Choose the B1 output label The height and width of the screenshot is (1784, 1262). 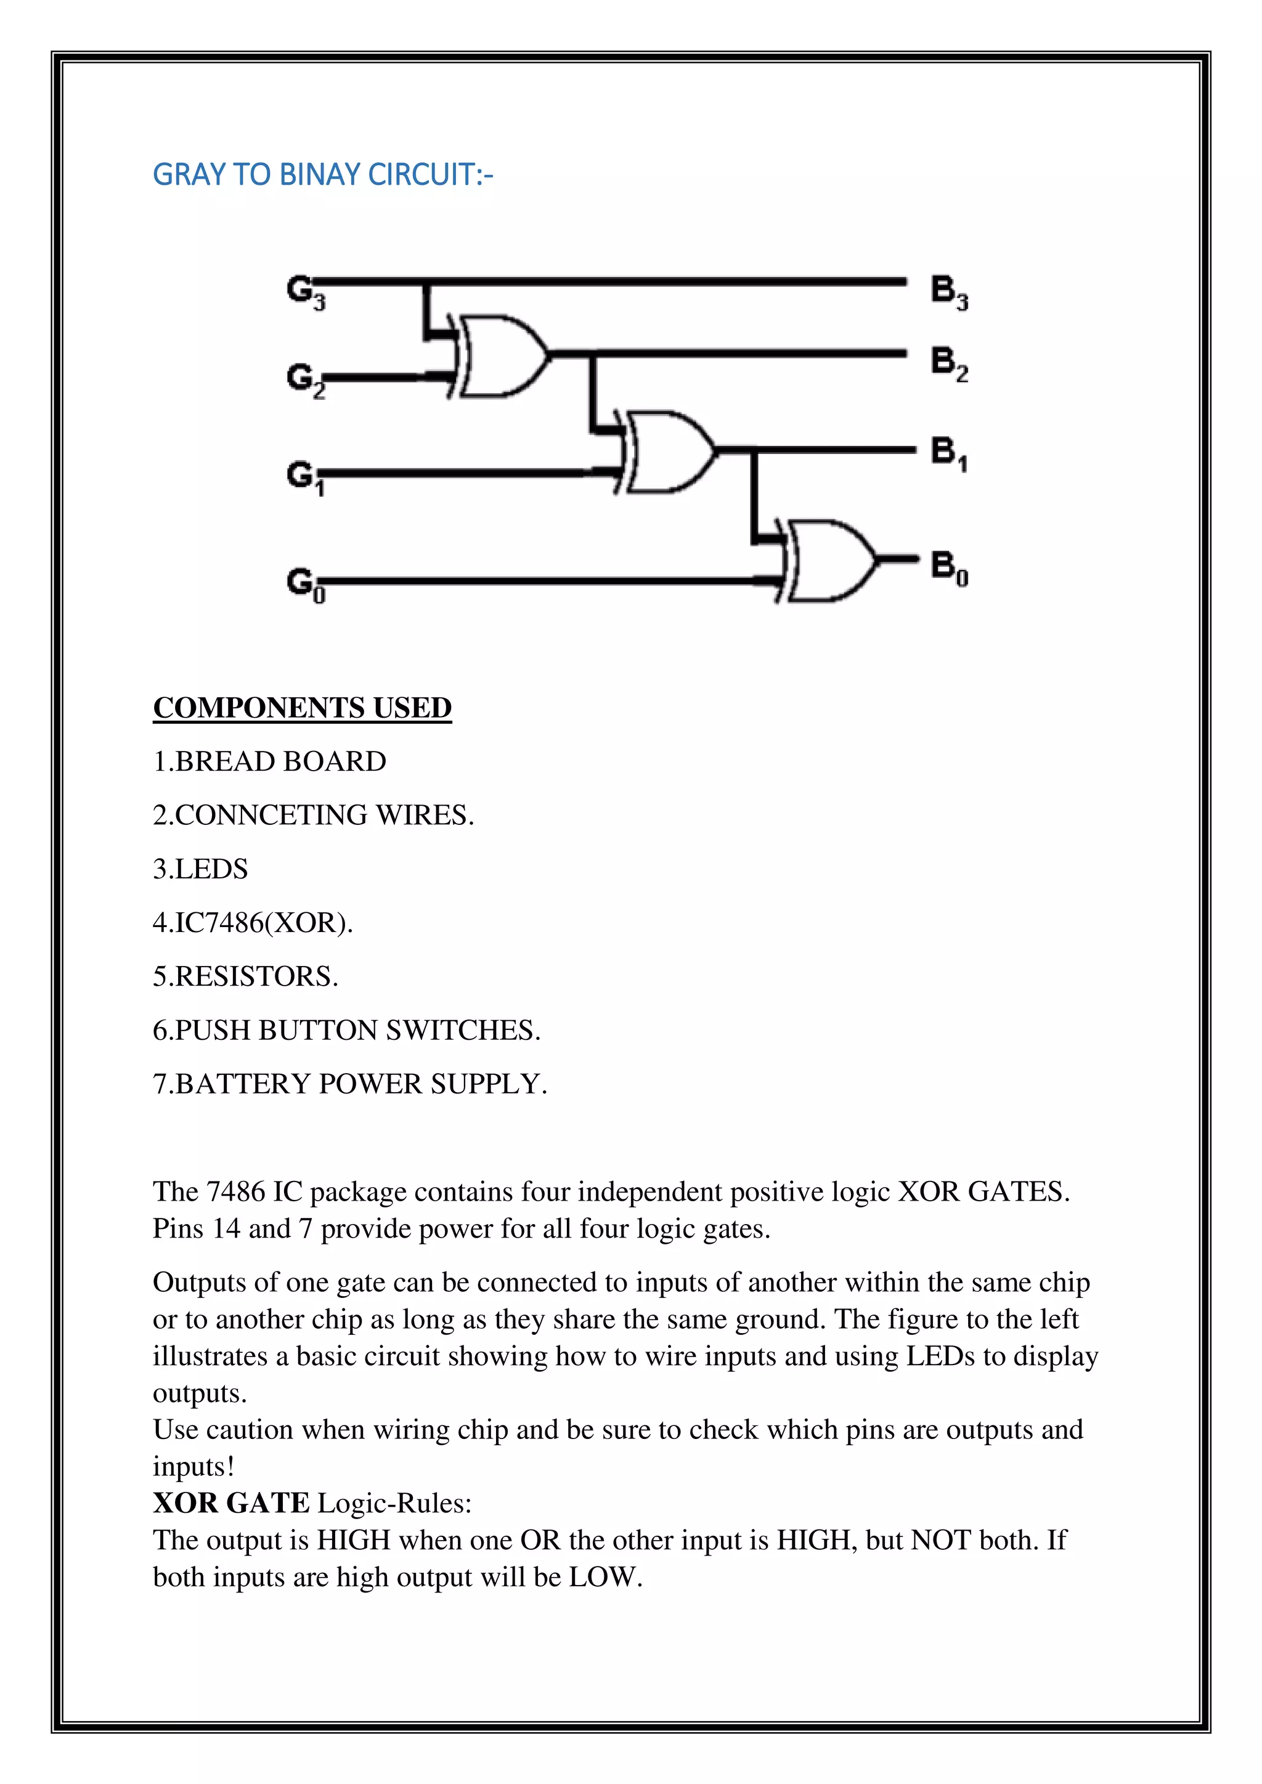(949, 453)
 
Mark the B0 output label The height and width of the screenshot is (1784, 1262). (949, 567)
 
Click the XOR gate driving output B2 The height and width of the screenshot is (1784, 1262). (501, 356)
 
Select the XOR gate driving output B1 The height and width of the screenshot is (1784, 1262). (669, 452)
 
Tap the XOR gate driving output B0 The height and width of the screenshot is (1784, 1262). (830, 560)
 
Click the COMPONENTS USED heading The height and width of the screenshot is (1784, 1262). (303, 708)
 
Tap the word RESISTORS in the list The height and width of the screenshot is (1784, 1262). (256, 976)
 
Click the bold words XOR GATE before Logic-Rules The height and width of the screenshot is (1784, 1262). (232, 1504)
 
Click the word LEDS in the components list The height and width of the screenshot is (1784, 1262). (211, 869)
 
